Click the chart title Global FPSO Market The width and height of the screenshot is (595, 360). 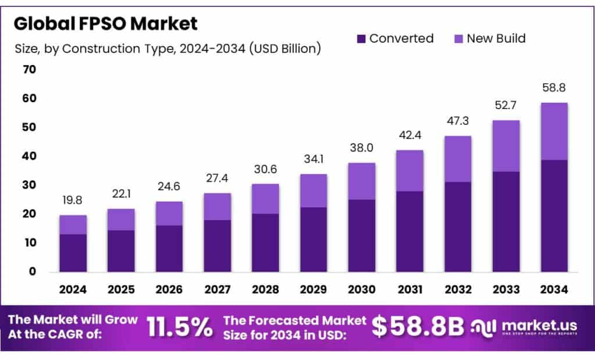tap(106, 23)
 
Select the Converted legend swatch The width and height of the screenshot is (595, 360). tap(361, 39)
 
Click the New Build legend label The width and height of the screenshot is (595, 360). tap(496, 38)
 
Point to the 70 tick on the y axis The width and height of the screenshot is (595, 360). tap(29, 70)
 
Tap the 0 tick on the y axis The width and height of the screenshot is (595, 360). tap(33, 271)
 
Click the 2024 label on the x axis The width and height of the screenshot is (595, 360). tap(73, 289)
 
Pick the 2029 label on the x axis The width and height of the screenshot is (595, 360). tap(314, 289)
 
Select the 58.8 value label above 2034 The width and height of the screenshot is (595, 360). tap(554, 88)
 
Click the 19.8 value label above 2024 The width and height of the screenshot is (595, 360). tap(73, 201)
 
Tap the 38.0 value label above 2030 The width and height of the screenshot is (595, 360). tap(362, 148)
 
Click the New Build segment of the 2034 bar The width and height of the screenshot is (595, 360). tap(554, 131)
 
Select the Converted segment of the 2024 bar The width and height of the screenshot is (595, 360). tap(73, 253)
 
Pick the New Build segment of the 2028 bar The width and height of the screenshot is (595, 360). tap(266, 199)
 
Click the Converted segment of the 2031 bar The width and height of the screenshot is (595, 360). tap(410, 231)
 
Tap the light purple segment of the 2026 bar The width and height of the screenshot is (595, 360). tap(169, 213)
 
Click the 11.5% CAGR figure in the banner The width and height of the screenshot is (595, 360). tap(180, 327)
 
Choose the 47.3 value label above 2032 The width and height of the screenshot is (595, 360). tap(458, 121)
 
